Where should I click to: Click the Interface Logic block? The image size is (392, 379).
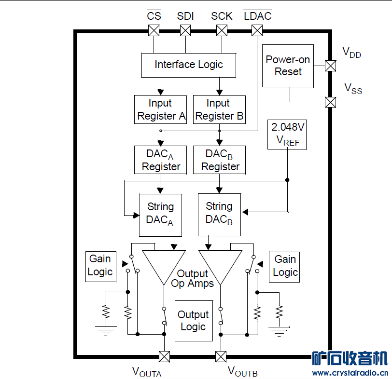[x=189, y=65]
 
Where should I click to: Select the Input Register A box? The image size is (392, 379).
[x=160, y=109]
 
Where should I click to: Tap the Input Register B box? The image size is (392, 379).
[x=219, y=109]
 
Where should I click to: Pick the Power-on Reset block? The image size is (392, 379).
[x=288, y=66]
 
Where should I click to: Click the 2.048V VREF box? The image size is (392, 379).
[x=288, y=134]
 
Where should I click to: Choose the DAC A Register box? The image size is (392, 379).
[x=160, y=160]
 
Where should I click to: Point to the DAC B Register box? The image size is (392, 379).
[x=219, y=160]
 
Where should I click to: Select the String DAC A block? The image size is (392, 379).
[x=160, y=215]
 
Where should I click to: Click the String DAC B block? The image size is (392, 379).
[x=219, y=215]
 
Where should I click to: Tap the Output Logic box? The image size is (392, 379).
[x=193, y=321]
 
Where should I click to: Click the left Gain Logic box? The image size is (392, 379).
[x=100, y=266]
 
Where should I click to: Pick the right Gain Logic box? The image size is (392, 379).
[x=285, y=266]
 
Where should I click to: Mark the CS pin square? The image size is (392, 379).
[x=154, y=31]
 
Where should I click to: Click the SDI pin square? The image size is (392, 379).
[x=185, y=31]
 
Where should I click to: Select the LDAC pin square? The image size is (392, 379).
[x=257, y=31]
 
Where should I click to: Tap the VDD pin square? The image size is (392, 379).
[x=331, y=66]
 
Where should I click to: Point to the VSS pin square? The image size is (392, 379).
[x=331, y=102]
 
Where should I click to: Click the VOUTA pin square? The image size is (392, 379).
[x=165, y=356]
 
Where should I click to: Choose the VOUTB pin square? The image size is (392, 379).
[x=221, y=356]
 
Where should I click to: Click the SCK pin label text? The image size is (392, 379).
[x=222, y=16]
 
